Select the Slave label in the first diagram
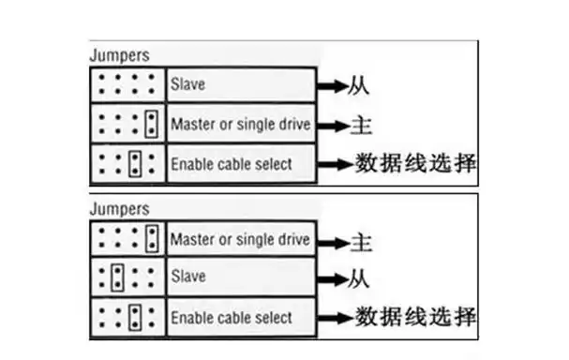click(x=187, y=84)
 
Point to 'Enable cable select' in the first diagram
click(x=231, y=163)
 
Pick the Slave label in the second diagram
click(x=187, y=278)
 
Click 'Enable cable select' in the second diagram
click(x=231, y=318)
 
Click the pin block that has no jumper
click(x=128, y=84)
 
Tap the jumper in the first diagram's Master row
click(x=153, y=124)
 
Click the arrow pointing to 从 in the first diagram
click(x=330, y=86)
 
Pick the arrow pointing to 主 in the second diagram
click(x=330, y=241)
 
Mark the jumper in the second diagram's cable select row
click(x=135, y=317)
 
